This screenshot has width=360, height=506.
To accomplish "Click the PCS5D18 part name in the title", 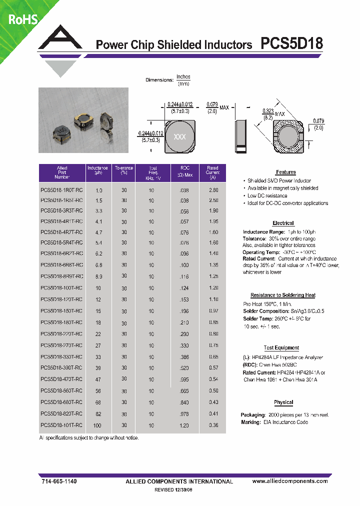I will click(292, 44).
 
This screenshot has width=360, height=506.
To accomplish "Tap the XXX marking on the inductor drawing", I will click(179, 137).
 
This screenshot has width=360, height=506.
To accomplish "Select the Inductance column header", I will click(98, 172).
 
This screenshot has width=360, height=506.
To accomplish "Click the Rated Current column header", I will click(212, 172).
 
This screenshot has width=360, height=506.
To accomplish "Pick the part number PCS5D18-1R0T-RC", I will click(61, 190).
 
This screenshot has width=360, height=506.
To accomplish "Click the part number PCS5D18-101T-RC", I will click(61, 425).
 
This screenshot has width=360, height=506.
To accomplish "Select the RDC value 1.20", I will click(183, 425).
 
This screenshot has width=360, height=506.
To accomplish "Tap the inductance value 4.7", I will click(98, 232).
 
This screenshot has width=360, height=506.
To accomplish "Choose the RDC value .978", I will click(183, 414).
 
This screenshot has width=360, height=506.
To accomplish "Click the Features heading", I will click(285, 172).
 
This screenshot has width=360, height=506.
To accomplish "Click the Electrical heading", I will click(283, 223).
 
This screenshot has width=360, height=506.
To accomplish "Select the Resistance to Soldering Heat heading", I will click(282, 295).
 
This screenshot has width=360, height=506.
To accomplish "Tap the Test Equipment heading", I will click(281, 348).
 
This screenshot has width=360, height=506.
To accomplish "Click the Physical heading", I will click(283, 402).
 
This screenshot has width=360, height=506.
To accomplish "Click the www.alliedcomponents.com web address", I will click(290, 481).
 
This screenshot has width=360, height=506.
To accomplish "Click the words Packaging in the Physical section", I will click(252, 415).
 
